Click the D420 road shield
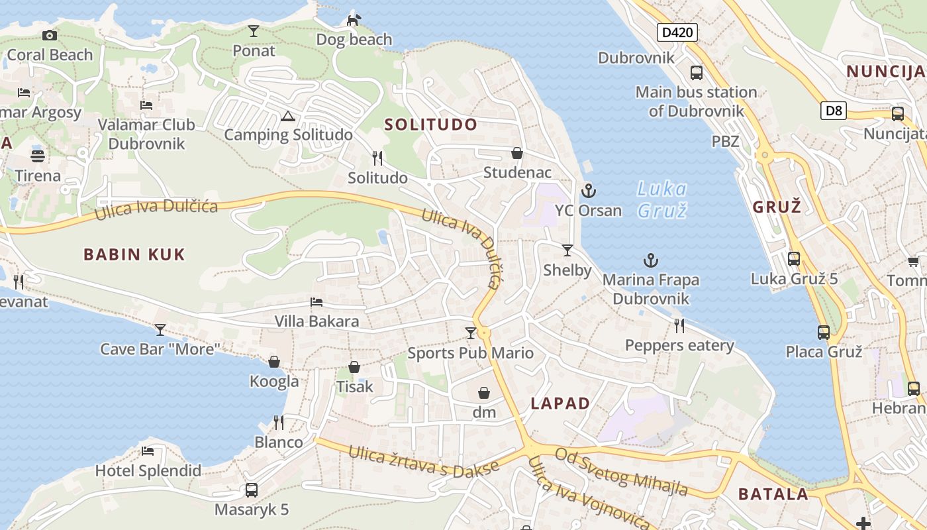pos(677,32)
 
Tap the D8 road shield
pos(834,110)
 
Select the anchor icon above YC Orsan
pos(588,191)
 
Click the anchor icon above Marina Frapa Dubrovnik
pos(651,260)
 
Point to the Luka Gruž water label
pos(661,199)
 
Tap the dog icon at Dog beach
pos(354,21)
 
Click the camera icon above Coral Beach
pos(50,35)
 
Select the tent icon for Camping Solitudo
pos(287,117)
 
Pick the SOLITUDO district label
pos(430,124)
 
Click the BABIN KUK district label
pos(134,254)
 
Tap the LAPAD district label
pos(560,403)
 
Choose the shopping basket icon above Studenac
pos(517,154)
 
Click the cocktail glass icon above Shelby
pos(567,250)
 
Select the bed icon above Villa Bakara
pos(317,302)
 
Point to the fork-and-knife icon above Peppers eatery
pos(679,325)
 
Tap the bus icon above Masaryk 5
pos(252,490)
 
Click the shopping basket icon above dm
pos(484,393)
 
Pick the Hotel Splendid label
pos(148,471)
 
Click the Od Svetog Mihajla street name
pos(622,472)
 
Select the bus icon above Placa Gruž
pos(824,332)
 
